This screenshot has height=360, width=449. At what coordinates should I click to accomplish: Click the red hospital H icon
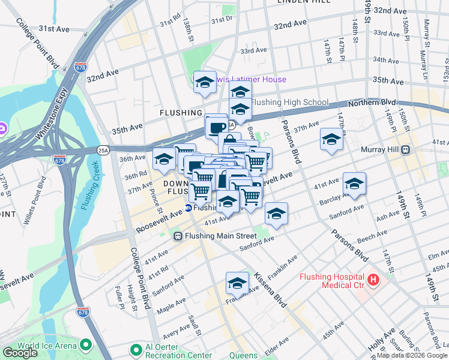(x=373, y=280)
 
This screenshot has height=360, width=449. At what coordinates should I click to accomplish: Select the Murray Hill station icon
(x=406, y=149)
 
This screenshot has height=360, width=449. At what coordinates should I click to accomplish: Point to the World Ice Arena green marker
(x=85, y=345)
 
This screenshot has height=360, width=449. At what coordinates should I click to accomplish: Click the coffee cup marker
(x=216, y=126)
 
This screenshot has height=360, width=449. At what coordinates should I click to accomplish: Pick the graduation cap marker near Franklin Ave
(x=237, y=283)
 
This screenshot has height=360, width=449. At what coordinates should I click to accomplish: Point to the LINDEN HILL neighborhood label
(x=304, y=2)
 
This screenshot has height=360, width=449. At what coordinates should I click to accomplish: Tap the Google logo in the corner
(x=20, y=353)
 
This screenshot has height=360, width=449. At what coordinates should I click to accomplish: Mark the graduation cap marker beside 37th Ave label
(x=331, y=139)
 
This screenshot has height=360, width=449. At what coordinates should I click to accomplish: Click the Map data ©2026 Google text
(x=412, y=355)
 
